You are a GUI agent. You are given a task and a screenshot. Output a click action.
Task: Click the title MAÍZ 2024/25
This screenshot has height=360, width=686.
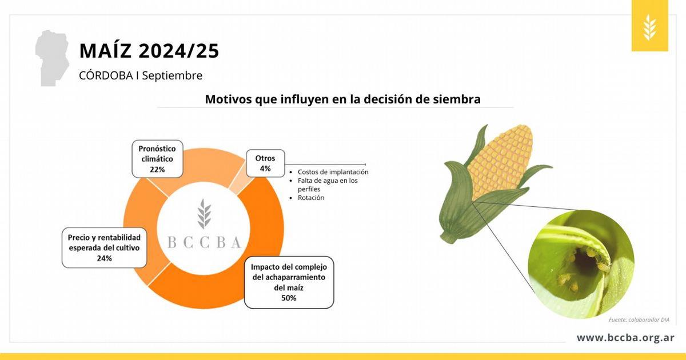point(149,50)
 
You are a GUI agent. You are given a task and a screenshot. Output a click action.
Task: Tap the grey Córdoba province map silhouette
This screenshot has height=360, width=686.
point(52,58)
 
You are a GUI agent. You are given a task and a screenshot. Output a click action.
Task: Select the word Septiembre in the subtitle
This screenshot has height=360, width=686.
point(172,75)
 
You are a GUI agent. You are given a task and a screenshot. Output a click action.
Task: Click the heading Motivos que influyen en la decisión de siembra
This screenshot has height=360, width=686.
point(342,99)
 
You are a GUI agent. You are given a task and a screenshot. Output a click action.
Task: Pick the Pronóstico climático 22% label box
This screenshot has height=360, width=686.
point(157,159)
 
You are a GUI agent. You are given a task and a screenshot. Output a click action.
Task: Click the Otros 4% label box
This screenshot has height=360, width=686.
point(265,163)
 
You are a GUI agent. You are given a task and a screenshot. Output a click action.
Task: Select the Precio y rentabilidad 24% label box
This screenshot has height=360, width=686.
point(105,247)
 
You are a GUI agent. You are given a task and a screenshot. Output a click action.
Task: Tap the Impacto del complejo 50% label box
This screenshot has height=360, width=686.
point(289,282)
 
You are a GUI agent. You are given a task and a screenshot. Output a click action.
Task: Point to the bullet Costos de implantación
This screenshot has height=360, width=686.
point(333,172)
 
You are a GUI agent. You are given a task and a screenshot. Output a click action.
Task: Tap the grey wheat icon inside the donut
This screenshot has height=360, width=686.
point(204,214)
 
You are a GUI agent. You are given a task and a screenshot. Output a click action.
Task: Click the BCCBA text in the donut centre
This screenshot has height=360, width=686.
point(204,243)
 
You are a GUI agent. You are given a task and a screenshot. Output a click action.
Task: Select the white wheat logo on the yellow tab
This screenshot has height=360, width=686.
point(649,27)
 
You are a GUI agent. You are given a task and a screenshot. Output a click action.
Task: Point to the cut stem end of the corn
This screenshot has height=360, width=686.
point(446,238)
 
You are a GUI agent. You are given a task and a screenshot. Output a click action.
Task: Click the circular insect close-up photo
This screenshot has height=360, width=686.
point(581,264)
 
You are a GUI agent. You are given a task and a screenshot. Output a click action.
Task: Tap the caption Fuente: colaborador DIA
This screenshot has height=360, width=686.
point(639,319)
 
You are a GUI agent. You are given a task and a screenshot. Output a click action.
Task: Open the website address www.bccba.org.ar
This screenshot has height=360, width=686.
point(625,338)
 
